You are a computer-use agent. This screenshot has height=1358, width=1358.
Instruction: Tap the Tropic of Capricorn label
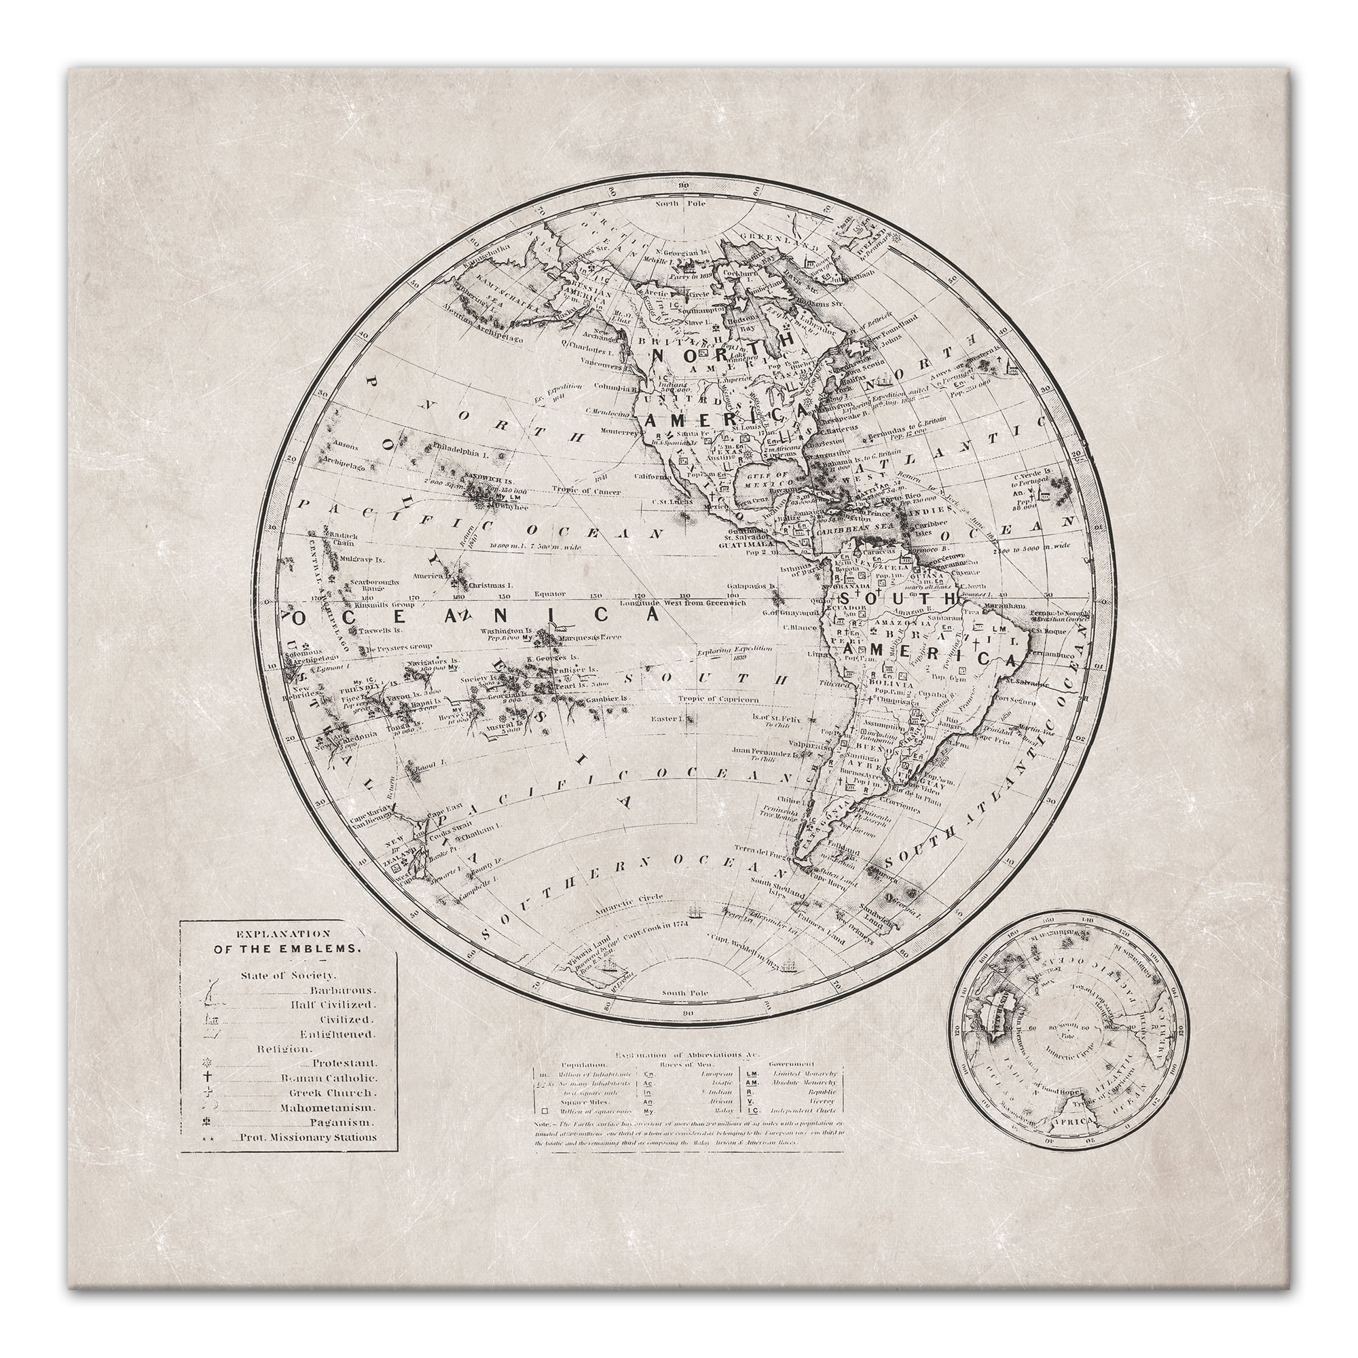[718, 698]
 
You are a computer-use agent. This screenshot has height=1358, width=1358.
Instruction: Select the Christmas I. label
[492, 584]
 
